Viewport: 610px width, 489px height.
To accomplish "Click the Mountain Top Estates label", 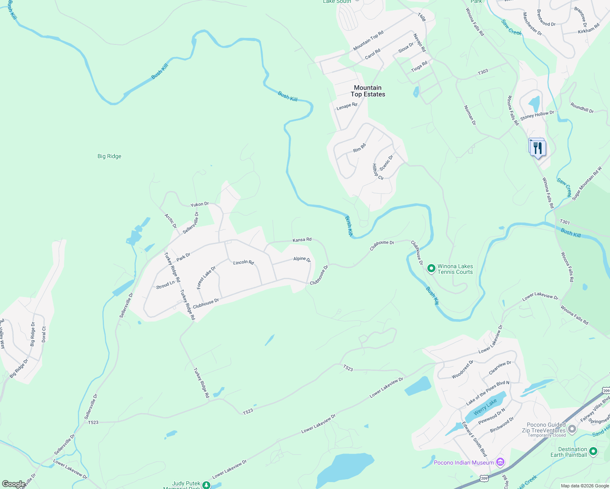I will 368,91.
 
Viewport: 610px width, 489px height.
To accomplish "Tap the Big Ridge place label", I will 109,156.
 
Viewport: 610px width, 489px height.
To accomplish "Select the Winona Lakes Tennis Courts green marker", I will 431,269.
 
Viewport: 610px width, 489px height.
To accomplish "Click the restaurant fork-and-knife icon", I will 538,148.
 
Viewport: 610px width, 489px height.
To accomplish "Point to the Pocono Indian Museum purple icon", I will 500,462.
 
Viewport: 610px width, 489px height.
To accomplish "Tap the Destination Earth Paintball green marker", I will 593,452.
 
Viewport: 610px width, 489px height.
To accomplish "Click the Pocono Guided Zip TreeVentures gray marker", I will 572,429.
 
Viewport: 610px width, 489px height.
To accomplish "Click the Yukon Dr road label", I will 199,204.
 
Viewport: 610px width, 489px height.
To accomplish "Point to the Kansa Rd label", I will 302,240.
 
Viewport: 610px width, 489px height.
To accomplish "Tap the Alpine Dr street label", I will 302,259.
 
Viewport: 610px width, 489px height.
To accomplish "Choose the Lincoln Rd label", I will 243,262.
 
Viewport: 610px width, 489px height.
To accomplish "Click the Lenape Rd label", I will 347,106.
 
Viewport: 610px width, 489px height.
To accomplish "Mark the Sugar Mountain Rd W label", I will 587,183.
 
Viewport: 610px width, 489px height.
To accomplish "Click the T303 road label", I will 483,72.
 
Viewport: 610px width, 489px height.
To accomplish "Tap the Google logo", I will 13,484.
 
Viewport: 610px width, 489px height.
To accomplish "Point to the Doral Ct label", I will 44,334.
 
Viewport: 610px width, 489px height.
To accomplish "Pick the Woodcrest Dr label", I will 462,369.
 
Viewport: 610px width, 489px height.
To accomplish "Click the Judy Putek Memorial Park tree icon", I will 206,485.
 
